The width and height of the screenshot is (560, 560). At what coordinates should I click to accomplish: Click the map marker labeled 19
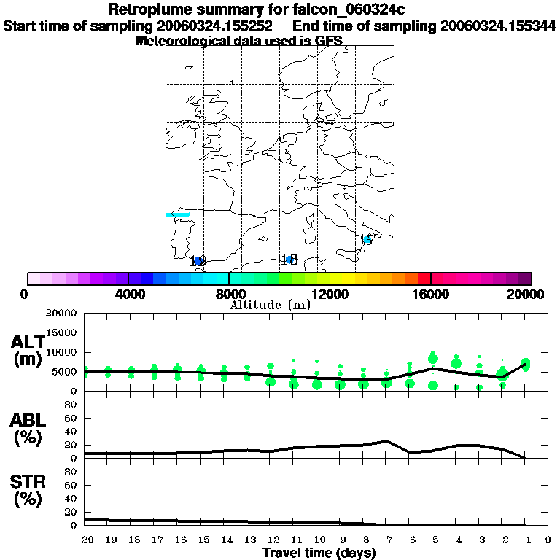pyautogui.click(x=198, y=261)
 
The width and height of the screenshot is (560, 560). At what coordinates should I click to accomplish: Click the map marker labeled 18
pyautogui.click(x=289, y=260)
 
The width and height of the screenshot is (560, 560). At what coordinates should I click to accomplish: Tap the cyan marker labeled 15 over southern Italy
pyautogui.click(x=367, y=239)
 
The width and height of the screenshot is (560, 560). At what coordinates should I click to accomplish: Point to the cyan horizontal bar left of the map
pyautogui.click(x=178, y=214)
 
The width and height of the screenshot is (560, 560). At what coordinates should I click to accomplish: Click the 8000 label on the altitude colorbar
pyautogui.click(x=229, y=295)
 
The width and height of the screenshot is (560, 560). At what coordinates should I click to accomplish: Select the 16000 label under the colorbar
pyautogui.click(x=431, y=295)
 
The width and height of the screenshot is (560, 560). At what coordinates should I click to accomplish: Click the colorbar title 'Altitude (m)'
pyautogui.click(x=270, y=306)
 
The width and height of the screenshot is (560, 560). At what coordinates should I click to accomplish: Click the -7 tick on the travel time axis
pyautogui.click(x=386, y=540)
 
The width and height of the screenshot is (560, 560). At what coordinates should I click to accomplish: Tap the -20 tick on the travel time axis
pyautogui.click(x=85, y=540)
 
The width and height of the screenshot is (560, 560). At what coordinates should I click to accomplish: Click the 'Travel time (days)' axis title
pyautogui.click(x=319, y=553)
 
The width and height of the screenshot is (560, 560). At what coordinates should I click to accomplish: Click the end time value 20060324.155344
pyautogui.click(x=498, y=26)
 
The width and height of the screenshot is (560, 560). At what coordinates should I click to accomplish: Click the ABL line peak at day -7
pyautogui.click(x=386, y=441)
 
